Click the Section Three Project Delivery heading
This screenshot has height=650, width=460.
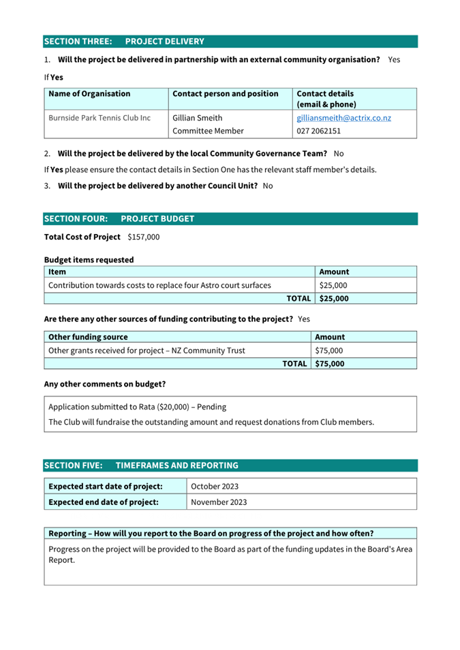coord(124,42)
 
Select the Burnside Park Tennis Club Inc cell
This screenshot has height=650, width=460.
coord(99,118)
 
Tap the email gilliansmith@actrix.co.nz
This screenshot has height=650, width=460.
coord(343,118)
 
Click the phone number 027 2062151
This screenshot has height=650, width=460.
coord(318,131)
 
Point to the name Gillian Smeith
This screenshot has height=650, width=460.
coord(198,118)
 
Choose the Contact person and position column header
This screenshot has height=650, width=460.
coord(226,94)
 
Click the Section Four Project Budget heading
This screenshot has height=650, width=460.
coord(119,218)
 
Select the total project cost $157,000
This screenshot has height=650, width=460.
coord(143,237)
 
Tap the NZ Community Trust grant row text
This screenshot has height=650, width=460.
coord(147,351)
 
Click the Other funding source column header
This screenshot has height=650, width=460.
coord(88,337)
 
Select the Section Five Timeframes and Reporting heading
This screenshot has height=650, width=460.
coord(141,466)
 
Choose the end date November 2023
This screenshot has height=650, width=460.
coord(219,502)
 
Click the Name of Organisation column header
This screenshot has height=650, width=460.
coord(89,94)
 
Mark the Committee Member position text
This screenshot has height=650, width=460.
coord(208,131)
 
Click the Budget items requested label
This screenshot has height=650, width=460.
coord(89,259)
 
